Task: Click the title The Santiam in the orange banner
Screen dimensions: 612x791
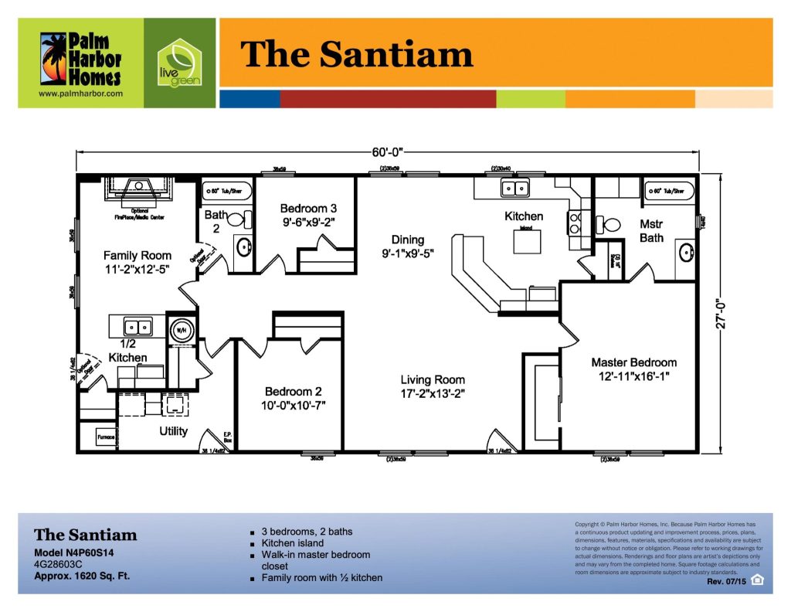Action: (x=357, y=54)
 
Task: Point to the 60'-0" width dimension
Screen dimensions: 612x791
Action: (x=388, y=152)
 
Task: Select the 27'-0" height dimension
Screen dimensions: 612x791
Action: (x=723, y=314)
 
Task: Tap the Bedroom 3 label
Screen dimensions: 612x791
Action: (x=308, y=215)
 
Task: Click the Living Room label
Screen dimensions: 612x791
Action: (x=433, y=386)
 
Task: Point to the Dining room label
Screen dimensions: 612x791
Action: (x=407, y=246)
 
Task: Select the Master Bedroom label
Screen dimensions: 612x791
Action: (x=633, y=369)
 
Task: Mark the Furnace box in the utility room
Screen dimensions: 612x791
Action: (x=106, y=437)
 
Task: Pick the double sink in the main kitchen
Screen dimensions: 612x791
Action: (x=514, y=187)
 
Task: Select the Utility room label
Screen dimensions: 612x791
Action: (x=173, y=431)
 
